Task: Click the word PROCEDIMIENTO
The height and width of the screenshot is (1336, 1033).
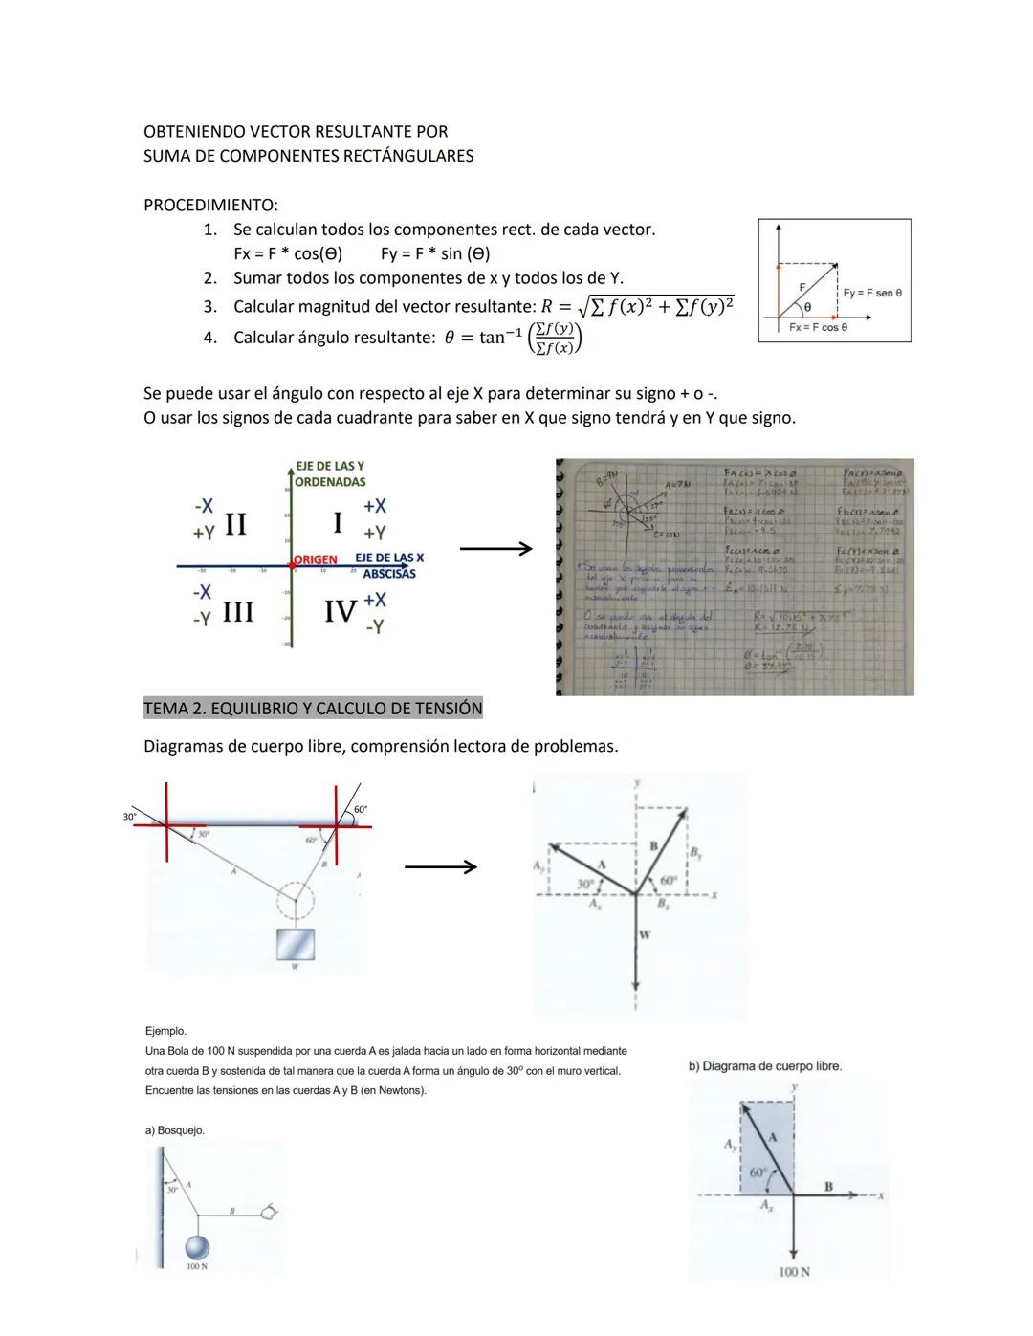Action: (x=210, y=205)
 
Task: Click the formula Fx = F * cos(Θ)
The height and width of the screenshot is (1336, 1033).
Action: (x=288, y=253)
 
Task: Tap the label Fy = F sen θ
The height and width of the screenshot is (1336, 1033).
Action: (x=871, y=293)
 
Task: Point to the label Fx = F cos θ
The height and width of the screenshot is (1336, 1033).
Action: (x=818, y=327)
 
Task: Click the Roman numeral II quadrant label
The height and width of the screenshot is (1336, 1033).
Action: (x=234, y=524)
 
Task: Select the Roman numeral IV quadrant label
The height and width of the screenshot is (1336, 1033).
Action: (x=341, y=610)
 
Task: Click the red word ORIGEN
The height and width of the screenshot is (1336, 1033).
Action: (x=316, y=558)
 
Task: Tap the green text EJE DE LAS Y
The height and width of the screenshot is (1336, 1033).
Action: (x=329, y=466)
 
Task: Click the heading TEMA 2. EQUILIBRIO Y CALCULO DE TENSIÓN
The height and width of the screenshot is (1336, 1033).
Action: (x=313, y=709)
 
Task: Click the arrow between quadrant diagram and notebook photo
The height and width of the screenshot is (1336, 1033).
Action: (x=495, y=549)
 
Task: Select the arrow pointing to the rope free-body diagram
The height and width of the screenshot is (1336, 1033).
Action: (x=440, y=867)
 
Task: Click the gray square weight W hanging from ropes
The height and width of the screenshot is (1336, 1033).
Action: (x=295, y=944)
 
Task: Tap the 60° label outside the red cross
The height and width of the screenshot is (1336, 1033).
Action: (x=360, y=810)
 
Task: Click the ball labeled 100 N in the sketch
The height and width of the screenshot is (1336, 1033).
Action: (x=197, y=1247)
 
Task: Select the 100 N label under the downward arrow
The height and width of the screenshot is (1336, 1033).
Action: (x=793, y=1272)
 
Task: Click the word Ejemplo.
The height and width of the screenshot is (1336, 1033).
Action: (x=165, y=1031)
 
